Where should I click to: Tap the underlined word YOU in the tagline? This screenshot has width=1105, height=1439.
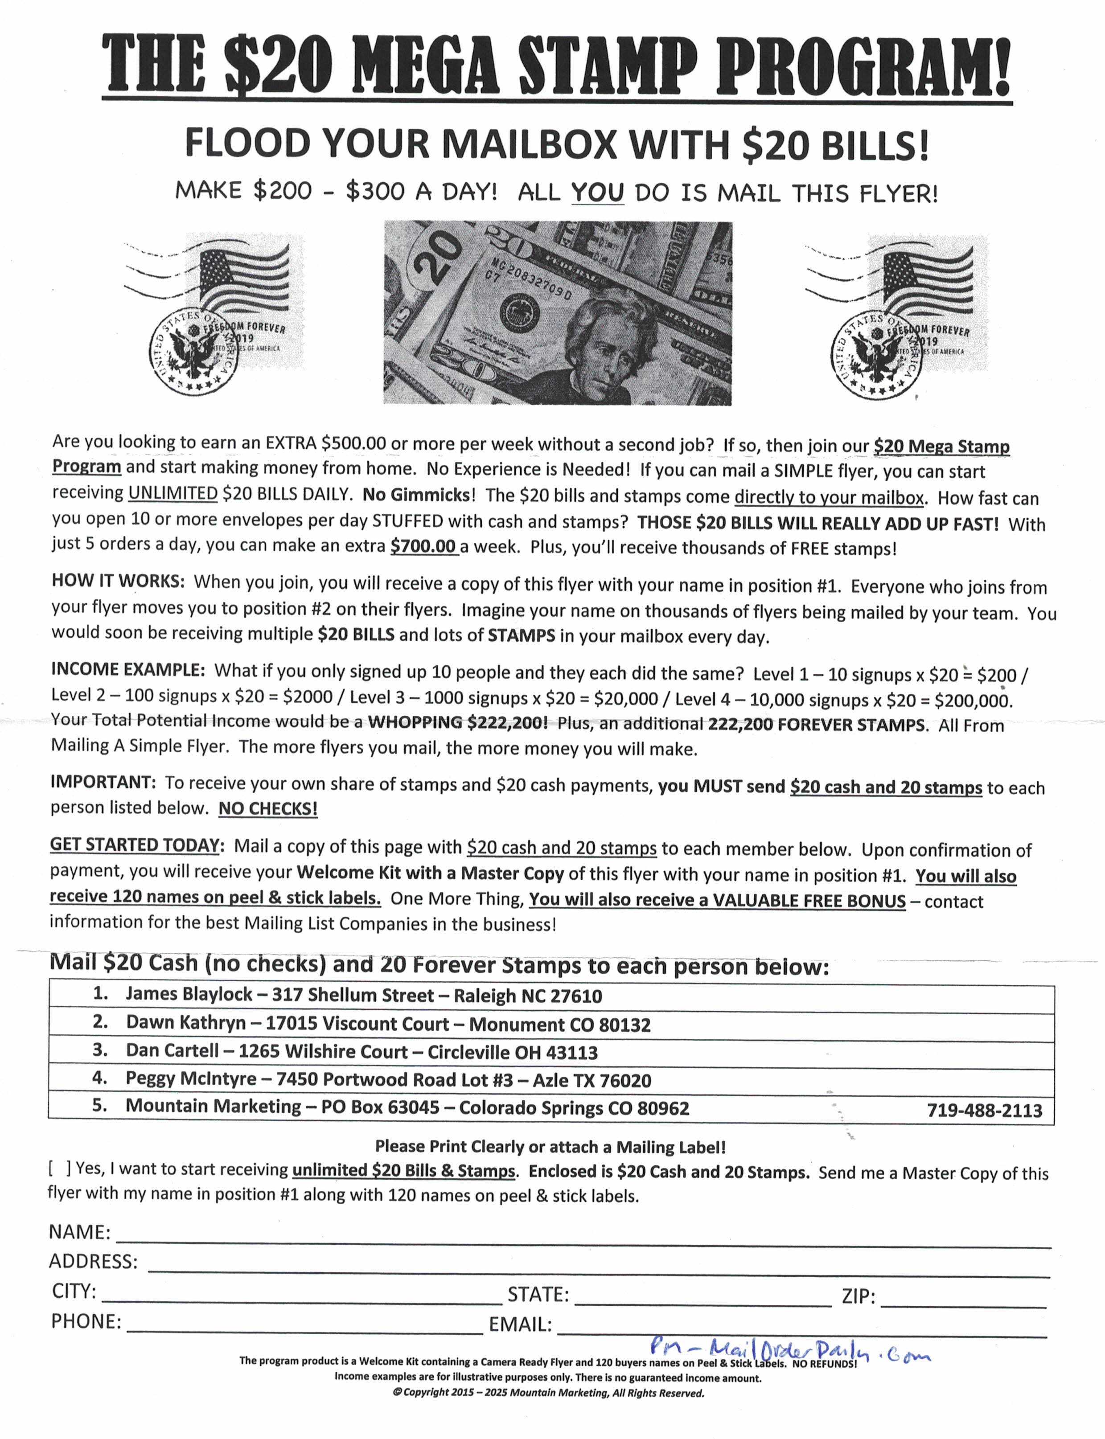(597, 193)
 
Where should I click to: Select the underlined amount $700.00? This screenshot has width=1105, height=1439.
(423, 546)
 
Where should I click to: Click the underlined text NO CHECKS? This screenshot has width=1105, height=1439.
(268, 808)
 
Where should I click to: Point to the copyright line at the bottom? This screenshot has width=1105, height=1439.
(548, 1393)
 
